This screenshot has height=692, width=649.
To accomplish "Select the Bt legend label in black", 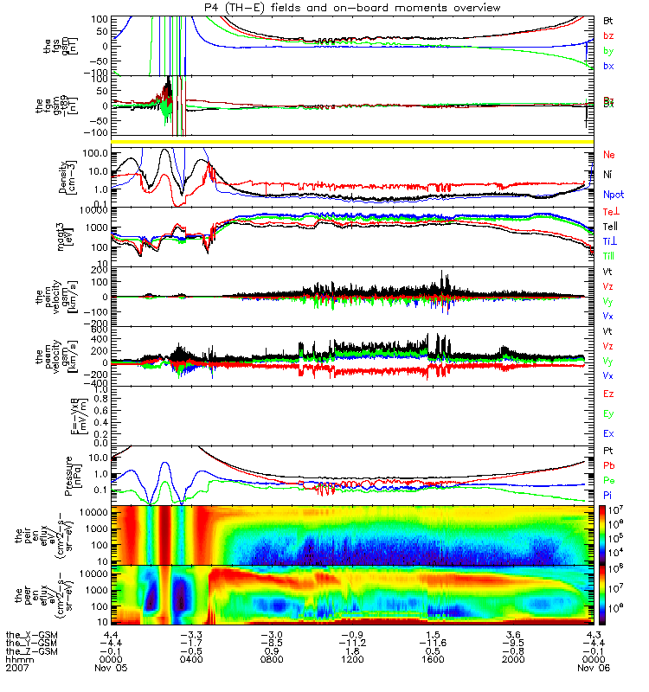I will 608,19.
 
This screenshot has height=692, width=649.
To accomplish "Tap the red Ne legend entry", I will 609,155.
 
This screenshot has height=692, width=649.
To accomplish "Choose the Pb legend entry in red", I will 609,466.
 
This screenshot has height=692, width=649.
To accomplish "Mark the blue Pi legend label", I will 608,495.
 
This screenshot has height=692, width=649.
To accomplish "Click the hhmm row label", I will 16,660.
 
